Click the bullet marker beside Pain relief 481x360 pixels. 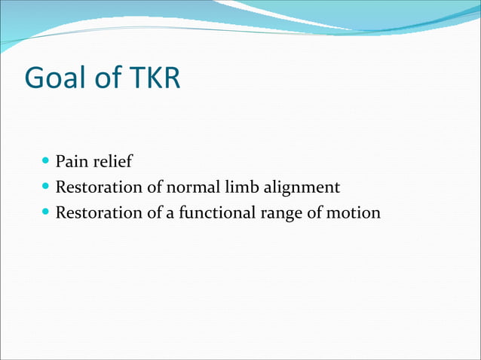tap(47, 160)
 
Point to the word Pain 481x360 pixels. tap(70, 161)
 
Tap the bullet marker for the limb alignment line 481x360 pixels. tap(47, 186)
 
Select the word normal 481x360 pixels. tap(185, 187)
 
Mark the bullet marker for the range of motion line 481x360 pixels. tap(47, 212)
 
